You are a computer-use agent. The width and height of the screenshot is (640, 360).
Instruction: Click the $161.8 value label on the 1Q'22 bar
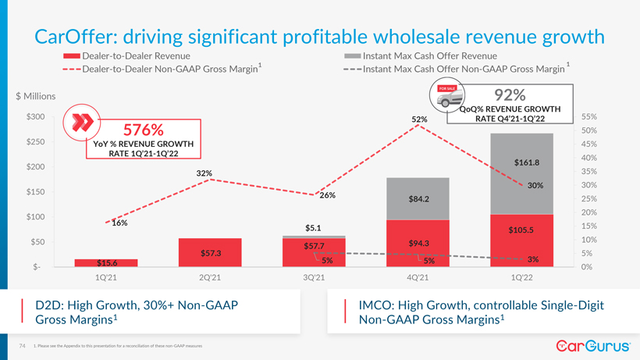pyautogui.click(x=528, y=163)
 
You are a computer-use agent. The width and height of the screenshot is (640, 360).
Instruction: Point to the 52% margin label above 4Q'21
pyautogui.click(x=420, y=119)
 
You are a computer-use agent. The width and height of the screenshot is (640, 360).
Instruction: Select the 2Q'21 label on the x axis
pyautogui.click(x=210, y=278)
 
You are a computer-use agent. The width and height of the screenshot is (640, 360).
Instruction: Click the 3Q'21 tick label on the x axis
pyautogui.click(x=314, y=278)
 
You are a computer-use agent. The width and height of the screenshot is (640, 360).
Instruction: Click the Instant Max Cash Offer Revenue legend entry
pyautogui.click(x=429, y=56)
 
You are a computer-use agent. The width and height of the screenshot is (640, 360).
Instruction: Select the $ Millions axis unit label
pyautogui.click(x=36, y=96)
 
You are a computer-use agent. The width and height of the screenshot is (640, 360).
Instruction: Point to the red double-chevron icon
pyautogui.click(x=82, y=123)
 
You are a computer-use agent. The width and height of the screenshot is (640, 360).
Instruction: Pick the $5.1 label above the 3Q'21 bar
pyautogui.click(x=314, y=228)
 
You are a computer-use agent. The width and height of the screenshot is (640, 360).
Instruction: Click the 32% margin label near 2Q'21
pyautogui.click(x=204, y=173)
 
